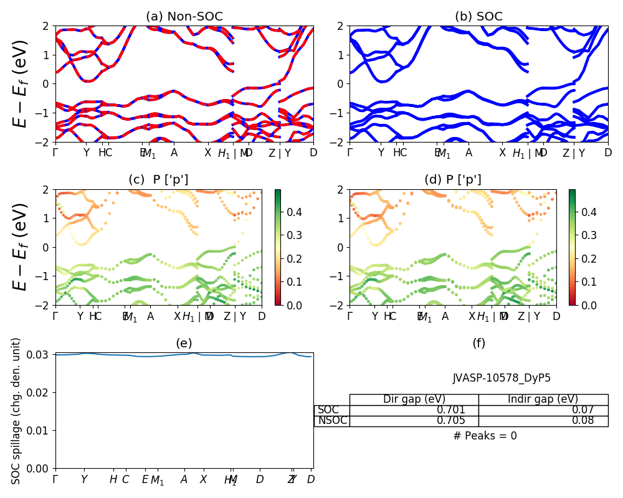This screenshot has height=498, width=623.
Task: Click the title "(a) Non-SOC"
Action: pos(184,17)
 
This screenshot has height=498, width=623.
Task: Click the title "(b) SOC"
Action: pos(478,17)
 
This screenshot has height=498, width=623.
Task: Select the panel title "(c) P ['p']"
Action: pos(158,180)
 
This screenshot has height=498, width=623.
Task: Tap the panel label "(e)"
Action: pos(184,343)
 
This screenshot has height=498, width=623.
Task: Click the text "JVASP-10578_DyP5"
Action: pos(502,378)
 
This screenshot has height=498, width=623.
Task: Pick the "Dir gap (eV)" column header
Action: pos(414,400)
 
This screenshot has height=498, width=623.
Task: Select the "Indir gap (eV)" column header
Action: pos(543,400)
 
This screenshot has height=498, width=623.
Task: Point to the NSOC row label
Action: pos(332,421)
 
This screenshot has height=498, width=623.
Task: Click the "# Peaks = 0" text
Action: pos(485,436)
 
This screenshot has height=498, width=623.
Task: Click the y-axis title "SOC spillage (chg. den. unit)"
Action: pos(17,411)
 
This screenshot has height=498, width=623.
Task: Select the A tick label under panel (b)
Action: pos(468,153)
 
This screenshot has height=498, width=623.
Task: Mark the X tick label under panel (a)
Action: pos(208,153)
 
